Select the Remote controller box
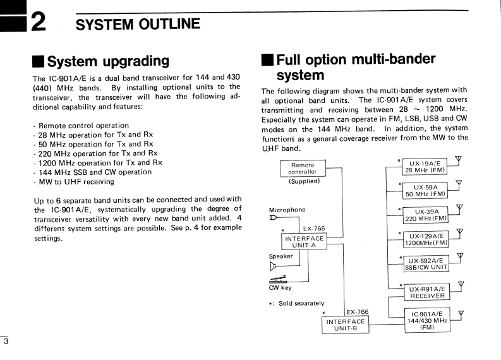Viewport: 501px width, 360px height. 303,169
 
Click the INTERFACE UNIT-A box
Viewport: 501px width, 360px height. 304,241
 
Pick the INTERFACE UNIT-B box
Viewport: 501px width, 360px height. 345,325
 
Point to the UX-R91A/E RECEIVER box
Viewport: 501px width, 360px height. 426,292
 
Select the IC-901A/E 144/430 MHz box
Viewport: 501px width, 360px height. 427,320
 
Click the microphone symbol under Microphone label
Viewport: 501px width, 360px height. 274,218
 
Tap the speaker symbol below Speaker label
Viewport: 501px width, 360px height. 274,266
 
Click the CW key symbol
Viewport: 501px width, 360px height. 277,280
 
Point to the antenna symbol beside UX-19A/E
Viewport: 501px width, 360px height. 458,159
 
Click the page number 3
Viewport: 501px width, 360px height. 6,342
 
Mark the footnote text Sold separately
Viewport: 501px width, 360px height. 300,303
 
